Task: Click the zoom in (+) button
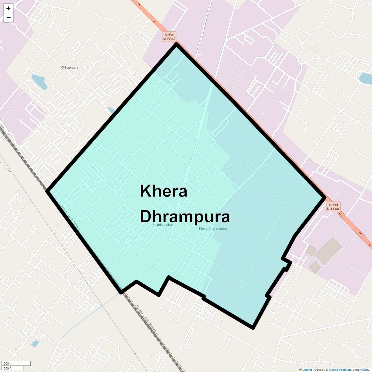8,8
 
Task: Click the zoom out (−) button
8,18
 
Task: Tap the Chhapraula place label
70,68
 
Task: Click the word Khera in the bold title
163,191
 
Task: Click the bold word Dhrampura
185,216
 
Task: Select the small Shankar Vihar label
163,225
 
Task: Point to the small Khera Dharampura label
213,229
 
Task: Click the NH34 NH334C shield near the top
169,37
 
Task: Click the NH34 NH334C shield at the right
333,207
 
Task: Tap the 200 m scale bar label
8,364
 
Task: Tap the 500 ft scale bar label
8,368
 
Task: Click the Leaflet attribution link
307,370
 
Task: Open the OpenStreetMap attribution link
340,370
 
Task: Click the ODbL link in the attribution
365,370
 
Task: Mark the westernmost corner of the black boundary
47,191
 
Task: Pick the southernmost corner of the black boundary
253,327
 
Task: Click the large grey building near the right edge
328,250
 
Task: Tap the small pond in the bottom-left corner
34,343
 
